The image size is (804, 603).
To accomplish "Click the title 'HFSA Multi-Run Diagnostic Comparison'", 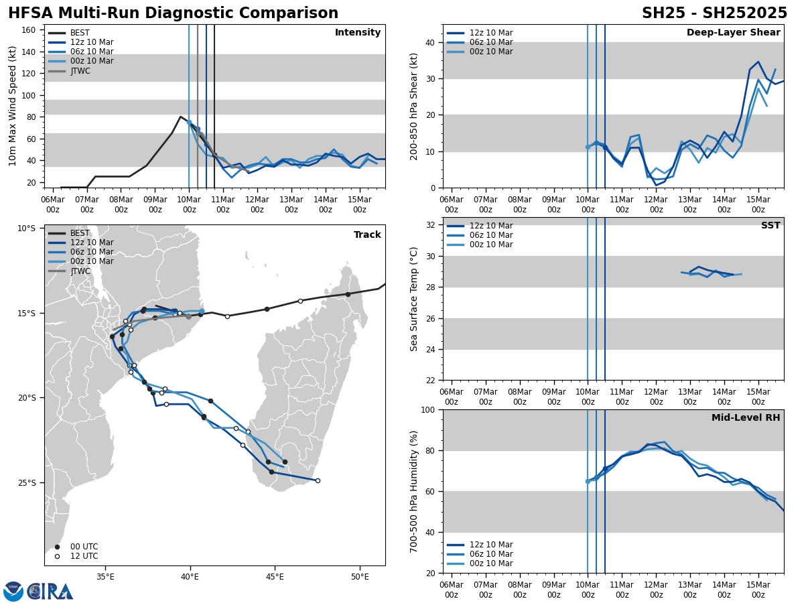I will [x=173, y=13].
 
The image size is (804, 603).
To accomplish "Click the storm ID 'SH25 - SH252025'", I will [x=714, y=13].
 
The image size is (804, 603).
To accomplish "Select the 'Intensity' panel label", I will [x=358, y=33].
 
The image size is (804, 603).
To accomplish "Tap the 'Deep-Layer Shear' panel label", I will [x=733, y=33].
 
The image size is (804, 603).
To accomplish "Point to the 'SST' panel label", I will [x=770, y=226].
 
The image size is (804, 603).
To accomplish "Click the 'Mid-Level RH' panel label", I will [x=746, y=418].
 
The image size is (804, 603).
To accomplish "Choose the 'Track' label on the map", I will [x=367, y=235].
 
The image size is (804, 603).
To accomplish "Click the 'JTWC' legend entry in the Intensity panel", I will [x=80, y=71].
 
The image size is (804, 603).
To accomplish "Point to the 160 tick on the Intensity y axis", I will [x=29, y=30].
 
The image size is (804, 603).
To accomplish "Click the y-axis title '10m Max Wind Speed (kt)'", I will [x=13, y=106].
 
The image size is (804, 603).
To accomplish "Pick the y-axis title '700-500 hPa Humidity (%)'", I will [x=415, y=491].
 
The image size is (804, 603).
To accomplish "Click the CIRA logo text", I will [x=50, y=592].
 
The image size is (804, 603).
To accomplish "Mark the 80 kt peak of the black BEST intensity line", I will [x=180, y=117].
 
